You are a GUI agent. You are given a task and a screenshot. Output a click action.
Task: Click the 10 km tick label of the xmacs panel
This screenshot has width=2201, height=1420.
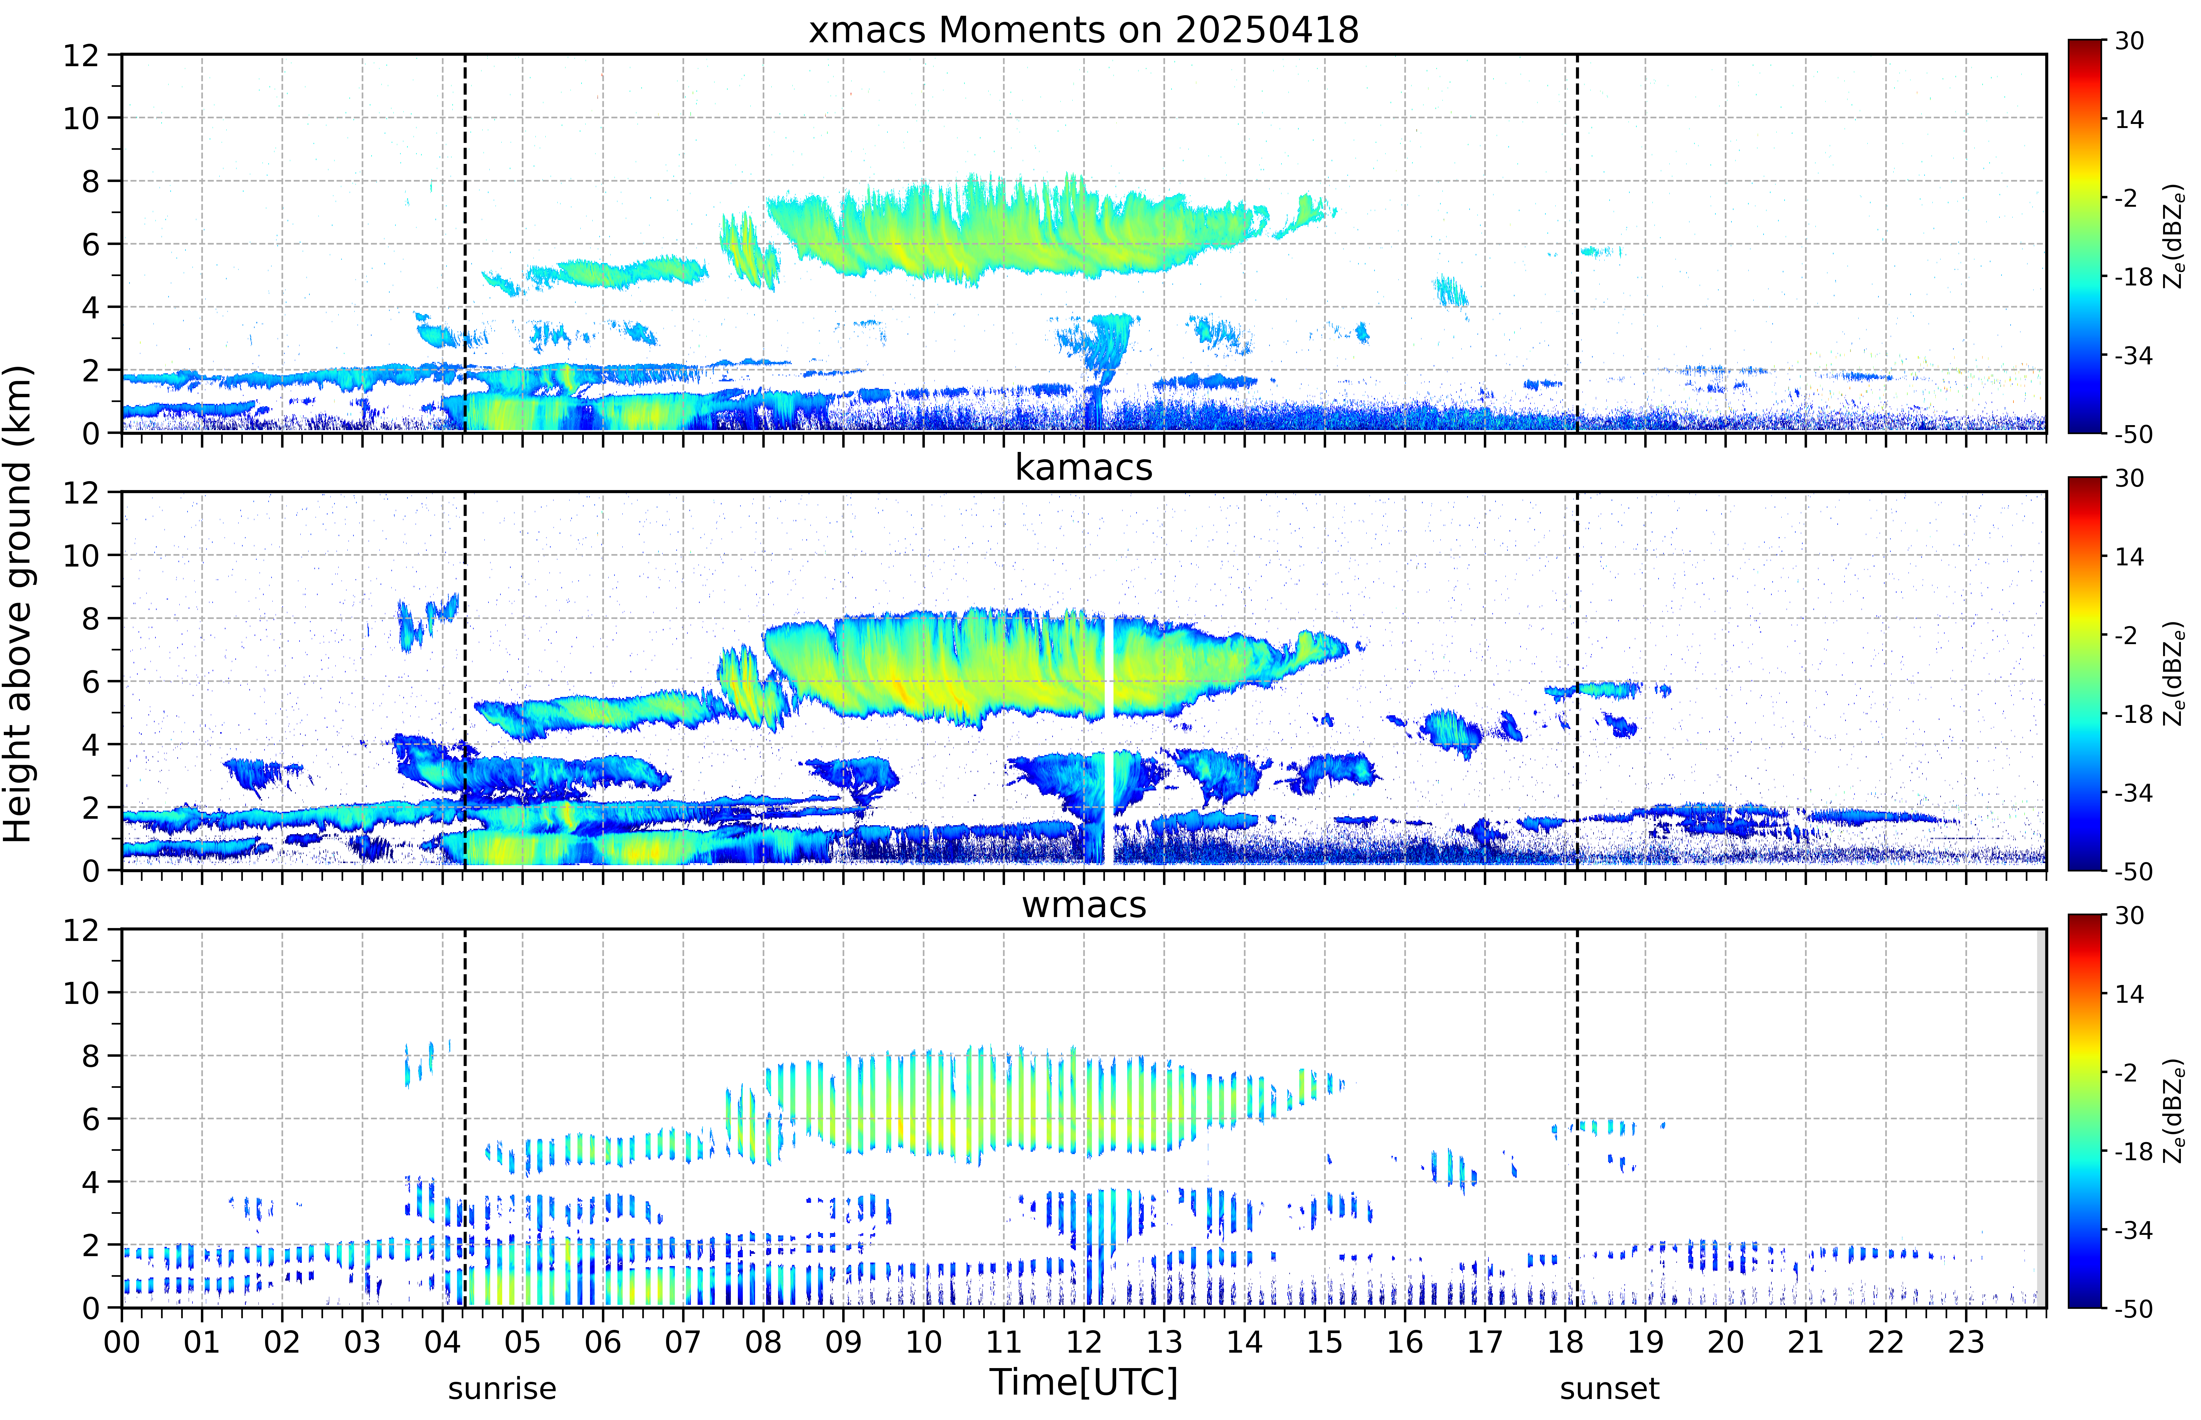81,118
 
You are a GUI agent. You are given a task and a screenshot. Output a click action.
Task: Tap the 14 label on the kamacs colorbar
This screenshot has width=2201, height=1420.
2129,557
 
